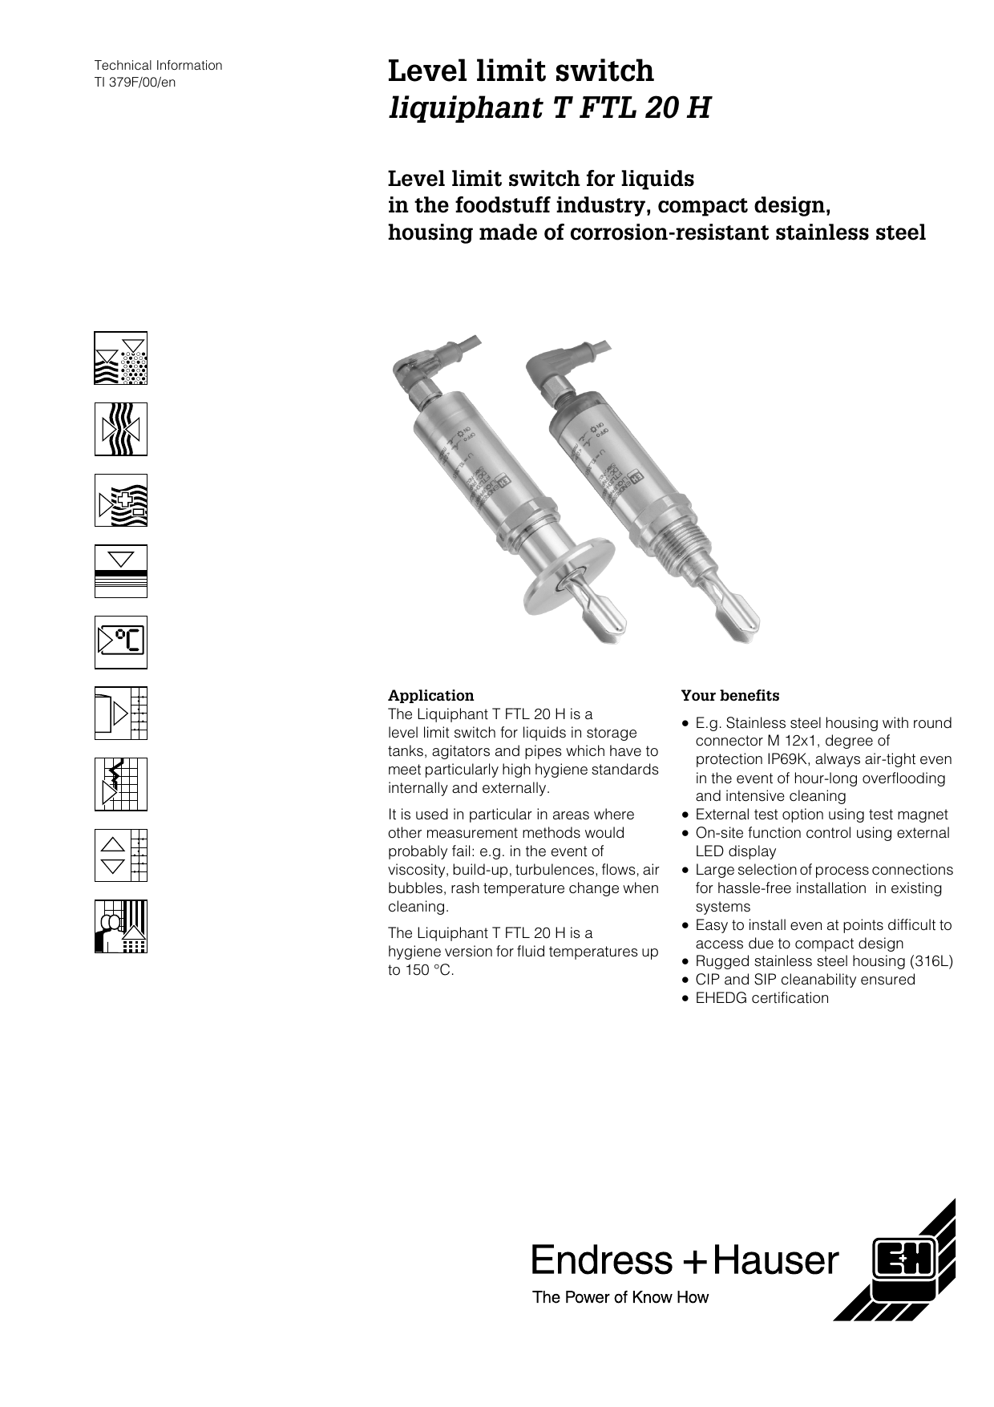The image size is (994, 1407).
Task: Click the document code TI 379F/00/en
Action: click(135, 83)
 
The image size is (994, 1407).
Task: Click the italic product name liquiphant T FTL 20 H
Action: click(549, 107)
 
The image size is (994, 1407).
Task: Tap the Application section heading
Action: click(430, 695)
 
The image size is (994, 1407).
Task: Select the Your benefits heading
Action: click(729, 695)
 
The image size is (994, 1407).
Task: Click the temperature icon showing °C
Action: click(121, 642)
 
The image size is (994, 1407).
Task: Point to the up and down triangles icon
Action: click(121, 855)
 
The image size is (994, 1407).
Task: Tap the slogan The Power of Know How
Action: click(620, 1297)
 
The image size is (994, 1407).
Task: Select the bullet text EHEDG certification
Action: click(762, 998)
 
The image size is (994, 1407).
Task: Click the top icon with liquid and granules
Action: click(121, 358)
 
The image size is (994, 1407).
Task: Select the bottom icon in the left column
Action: click(121, 926)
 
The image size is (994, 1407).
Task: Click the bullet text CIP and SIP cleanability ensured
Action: click(805, 980)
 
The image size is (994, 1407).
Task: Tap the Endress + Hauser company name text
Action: click(685, 1260)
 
